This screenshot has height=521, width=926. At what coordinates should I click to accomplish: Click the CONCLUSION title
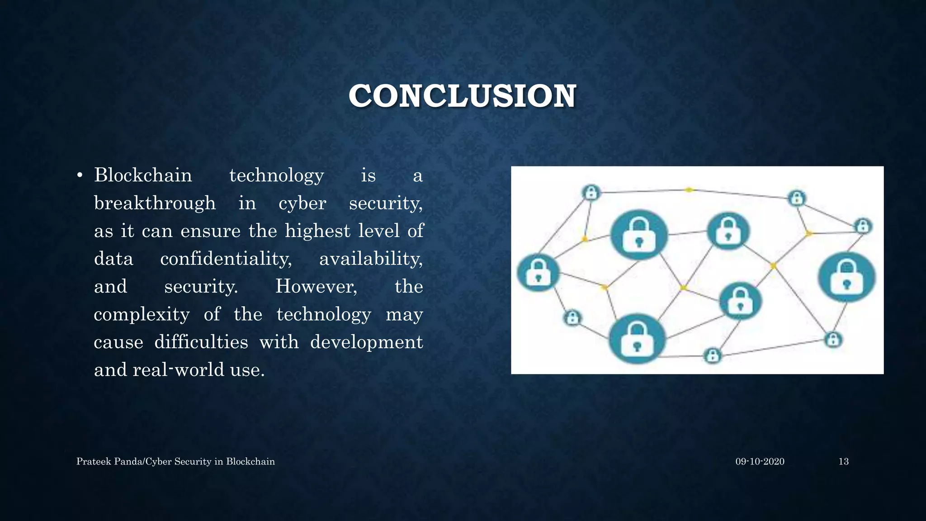point(462,96)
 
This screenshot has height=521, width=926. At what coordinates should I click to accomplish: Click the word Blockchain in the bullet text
point(143,175)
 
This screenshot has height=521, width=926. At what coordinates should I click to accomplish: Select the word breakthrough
point(155,203)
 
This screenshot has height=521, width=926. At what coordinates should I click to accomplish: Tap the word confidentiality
point(226,259)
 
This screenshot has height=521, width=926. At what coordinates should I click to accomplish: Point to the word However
point(316,286)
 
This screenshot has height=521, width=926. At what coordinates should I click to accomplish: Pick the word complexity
point(142,314)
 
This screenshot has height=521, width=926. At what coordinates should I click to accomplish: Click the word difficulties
point(201,342)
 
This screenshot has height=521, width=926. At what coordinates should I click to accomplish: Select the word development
point(366,342)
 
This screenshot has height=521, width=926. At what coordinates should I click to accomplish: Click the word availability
point(371,259)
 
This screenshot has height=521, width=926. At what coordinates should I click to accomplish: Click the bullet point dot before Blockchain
point(80,175)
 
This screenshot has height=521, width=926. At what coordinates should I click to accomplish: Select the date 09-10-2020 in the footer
point(760,461)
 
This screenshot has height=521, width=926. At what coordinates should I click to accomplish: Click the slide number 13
point(843,461)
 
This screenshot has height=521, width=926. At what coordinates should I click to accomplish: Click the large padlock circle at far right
point(846,277)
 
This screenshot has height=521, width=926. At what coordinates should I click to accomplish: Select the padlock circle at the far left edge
point(538,272)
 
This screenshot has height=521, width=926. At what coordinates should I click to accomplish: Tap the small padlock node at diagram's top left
point(591,193)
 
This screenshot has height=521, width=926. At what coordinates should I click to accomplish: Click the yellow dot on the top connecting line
point(688,190)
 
